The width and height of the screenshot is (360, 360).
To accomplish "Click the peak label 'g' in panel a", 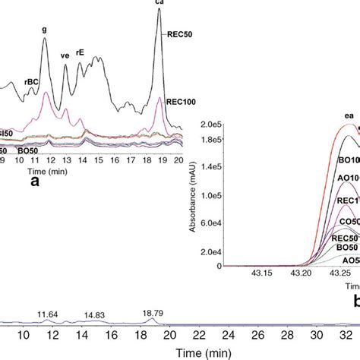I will pyautogui.click(x=44, y=31).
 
